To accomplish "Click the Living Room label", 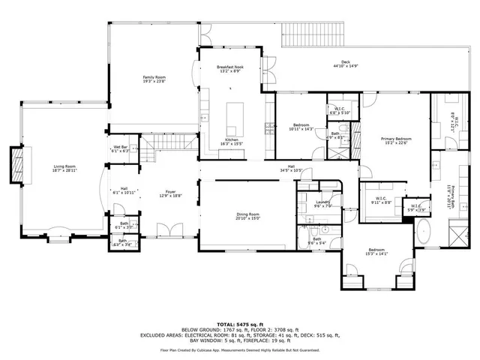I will tap(64, 168).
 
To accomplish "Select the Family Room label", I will tap(154, 79).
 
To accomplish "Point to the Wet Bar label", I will tap(121, 148).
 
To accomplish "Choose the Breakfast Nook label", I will tap(229, 69).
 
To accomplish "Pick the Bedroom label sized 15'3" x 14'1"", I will tap(379, 252).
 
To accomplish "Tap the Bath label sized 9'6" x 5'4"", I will tap(316, 241).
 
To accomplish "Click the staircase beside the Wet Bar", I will tap(151, 155).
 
